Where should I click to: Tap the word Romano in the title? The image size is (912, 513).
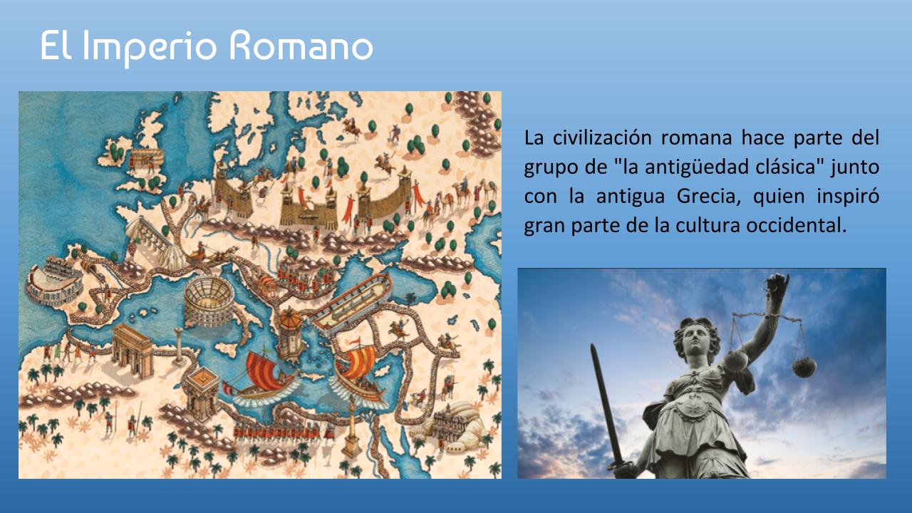301,46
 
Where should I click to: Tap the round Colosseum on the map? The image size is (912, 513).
209,301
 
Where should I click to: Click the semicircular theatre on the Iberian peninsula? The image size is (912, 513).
53,281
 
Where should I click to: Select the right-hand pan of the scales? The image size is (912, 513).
804,367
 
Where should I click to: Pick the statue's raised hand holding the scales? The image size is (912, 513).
777,286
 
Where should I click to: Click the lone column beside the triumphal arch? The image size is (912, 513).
179,346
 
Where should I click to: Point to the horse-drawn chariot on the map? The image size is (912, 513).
212,254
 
